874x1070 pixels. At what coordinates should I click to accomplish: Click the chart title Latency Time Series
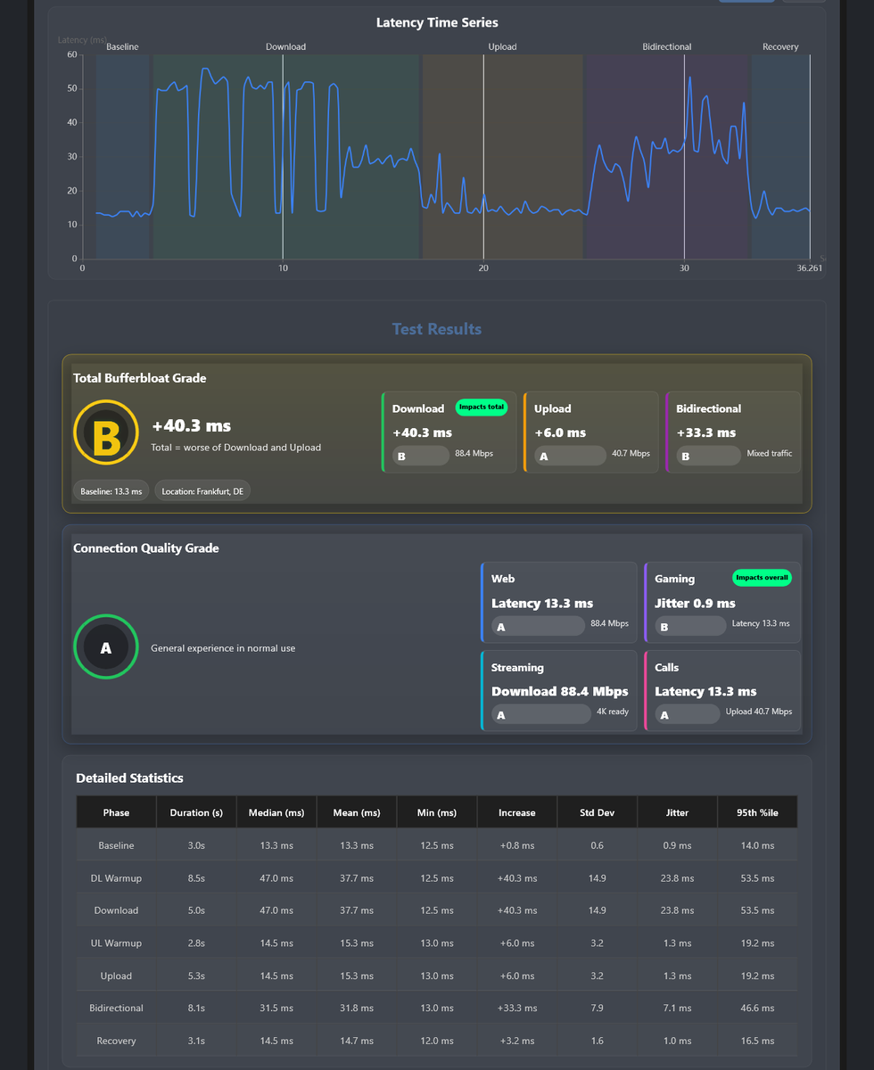pyautogui.click(x=437, y=23)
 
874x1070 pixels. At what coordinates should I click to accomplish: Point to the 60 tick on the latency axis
pyautogui.click(x=72, y=54)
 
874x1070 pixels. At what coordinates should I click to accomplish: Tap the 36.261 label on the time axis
pyautogui.click(x=809, y=267)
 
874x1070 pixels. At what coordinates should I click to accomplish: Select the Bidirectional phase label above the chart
pyautogui.click(x=666, y=46)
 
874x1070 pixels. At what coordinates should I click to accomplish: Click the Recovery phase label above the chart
pyautogui.click(x=780, y=46)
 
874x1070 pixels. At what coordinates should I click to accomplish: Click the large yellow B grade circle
pyautogui.click(x=106, y=432)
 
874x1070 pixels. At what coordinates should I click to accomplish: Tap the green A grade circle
pyautogui.click(x=106, y=646)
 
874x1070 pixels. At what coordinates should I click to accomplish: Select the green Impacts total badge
pyautogui.click(x=482, y=407)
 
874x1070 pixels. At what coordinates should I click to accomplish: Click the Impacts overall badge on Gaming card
pyautogui.click(x=762, y=578)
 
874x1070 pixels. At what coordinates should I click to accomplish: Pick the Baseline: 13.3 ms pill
pyautogui.click(x=111, y=491)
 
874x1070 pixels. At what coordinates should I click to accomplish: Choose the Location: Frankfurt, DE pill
pyautogui.click(x=202, y=491)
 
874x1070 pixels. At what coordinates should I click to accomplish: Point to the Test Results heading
pyautogui.click(x=437, y=329)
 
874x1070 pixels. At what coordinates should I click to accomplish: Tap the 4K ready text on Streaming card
pyautogui.click(x=612, y=712)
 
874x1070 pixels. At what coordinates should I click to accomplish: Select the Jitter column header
pyautogui.click(x=677, y=812)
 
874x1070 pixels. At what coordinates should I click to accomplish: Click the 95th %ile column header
pyautogui.click(x=757, y=812)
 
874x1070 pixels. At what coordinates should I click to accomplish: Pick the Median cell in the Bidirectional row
pyautogui.click(x=276, y=1008)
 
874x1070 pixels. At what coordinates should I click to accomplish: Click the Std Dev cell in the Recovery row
pyautogui.click(x=597, y=1041)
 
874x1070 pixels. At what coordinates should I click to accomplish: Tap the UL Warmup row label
pyautogui.click(x=116, y=943)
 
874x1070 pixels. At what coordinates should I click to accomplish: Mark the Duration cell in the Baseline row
pyautogui.click(x=196, y=845)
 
